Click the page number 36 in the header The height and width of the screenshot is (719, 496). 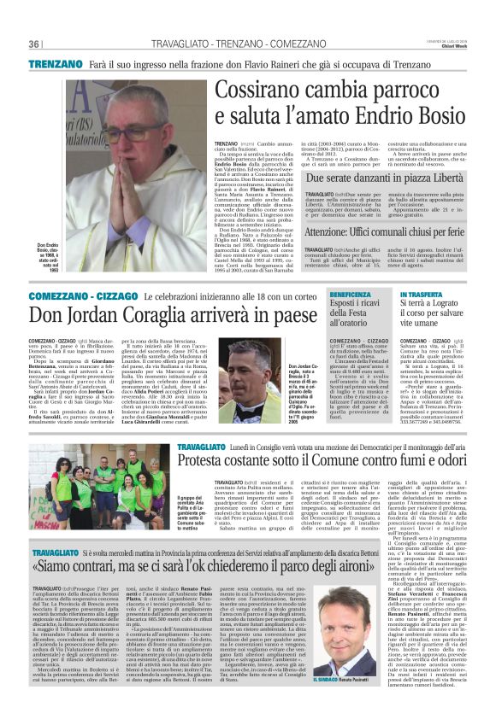pyautogui.click(x=34, y=44)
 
